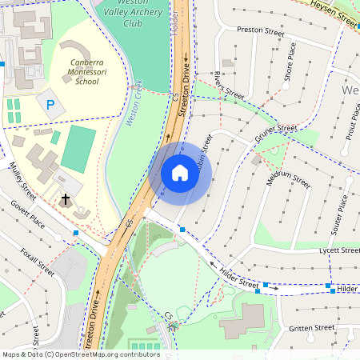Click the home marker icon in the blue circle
(179, 173)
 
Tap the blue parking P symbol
(50, 104)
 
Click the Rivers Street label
(229, 85)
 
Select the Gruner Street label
(275, 134)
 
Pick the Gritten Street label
(312, 327)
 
